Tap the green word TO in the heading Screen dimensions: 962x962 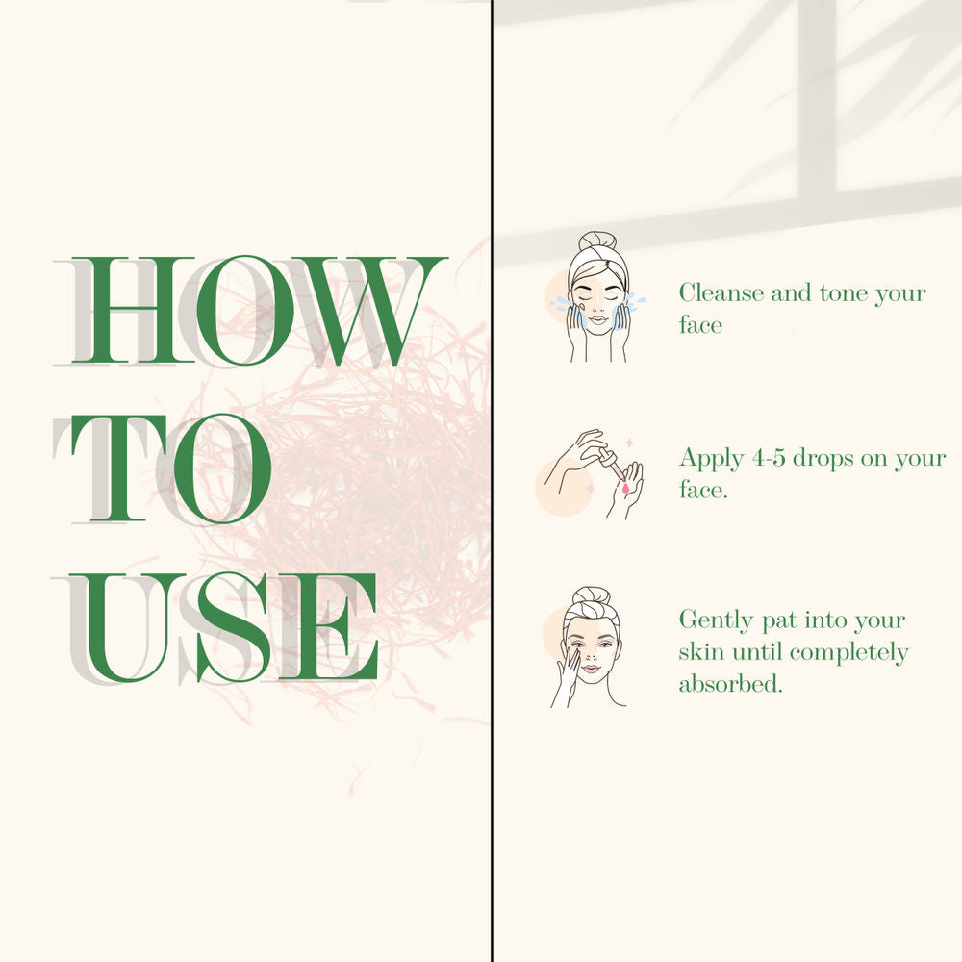[x=171, y=468]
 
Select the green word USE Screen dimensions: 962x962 [x=223, y=627]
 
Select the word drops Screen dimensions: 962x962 [x=823, y=459]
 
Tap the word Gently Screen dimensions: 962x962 [x=716, y=620]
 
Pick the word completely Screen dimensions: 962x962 [x=849, y=653]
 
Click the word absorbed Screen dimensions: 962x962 [x=731, y=683]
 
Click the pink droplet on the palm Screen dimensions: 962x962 [x=625, y=489]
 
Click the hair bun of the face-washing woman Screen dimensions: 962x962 [x=597, y=240]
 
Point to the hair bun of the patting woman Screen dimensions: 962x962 [x=592, y=595]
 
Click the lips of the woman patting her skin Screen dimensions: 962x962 [x=591, y=669]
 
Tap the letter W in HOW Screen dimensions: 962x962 [x=368, y=311]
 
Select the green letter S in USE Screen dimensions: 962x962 [x=233, y=627]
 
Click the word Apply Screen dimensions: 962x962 [x=712, y=459]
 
